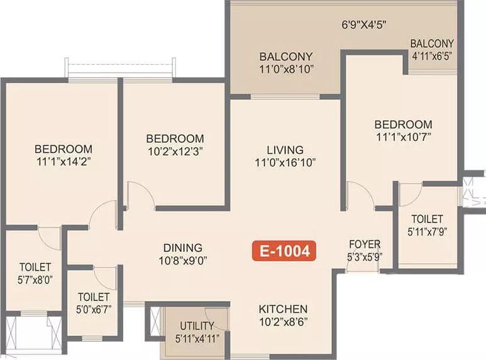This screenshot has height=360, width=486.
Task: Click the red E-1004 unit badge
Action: click(x=284, y=251)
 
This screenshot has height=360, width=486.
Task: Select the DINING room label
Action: click(x=183, y=248)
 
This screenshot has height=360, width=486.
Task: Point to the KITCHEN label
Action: click(x=283, y=309)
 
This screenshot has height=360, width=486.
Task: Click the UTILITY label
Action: click(x=197, y=326)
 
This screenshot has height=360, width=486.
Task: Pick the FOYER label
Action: click(x=365, y=244)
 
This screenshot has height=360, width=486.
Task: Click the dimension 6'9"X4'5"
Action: click(x=364, y=25)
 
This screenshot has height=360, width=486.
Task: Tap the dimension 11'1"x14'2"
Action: click(x=64, y=161)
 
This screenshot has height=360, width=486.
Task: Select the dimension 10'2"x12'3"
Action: click(x=175, y=151)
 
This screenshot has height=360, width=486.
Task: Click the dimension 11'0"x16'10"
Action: click(x=285, y=162)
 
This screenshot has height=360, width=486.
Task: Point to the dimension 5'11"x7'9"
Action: click(x=427, y=232)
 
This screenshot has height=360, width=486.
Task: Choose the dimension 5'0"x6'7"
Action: click(x=94, y=310)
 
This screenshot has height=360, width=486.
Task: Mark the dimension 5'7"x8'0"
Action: click(x=35, y=280)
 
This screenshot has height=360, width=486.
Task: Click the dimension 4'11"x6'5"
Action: click(x=432, y=56)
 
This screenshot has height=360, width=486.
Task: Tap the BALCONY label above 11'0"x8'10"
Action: click(x=286, y=57)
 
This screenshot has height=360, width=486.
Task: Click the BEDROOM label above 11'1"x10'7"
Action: click(x=403, y=124)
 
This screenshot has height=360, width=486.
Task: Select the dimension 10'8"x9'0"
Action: click(x=183, y=261)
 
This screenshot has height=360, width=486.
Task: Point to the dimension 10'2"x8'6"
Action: click(x=283, y=322)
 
